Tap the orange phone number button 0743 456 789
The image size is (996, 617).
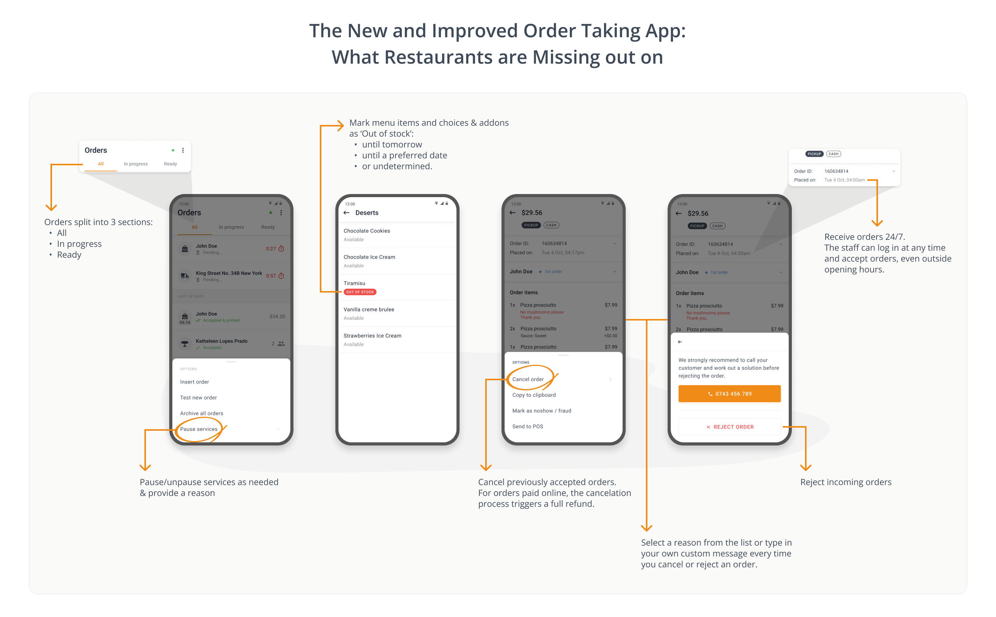point(729,394)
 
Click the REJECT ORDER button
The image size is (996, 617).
point(729,427)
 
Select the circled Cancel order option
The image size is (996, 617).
point(528,379)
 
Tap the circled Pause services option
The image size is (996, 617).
point(199,429)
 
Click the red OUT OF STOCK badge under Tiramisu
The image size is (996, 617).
point(359,292)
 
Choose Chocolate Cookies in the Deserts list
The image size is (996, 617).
point(366,231)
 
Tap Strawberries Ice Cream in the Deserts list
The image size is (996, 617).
point(372,336)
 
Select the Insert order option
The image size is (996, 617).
point(194,382)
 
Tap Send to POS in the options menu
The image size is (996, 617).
point(527,426)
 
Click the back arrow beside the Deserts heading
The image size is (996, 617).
point(347,213)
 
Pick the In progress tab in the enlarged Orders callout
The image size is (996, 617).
point(135,164)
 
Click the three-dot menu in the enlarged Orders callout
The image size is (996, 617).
point(183,150)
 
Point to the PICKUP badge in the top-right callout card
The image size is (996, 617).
point(814,154)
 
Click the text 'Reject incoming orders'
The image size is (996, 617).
point(845,482)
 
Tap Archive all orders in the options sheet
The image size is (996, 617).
point(202,413)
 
